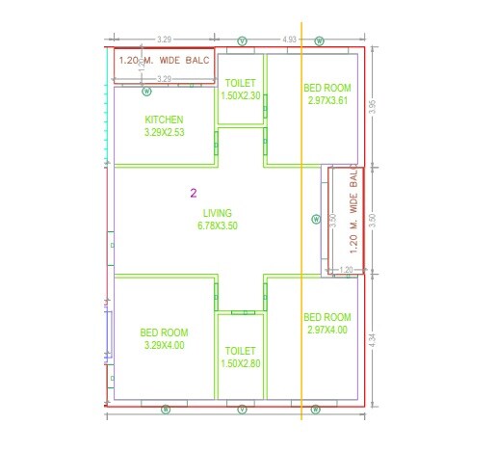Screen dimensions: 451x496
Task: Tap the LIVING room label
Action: tap(217, 213)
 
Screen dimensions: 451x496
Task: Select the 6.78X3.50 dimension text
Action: tap(217, 225)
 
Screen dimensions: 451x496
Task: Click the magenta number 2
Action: tap(194, 194)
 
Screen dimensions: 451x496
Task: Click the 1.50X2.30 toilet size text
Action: tap(241, 95)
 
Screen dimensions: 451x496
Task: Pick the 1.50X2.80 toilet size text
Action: tap(241, 362)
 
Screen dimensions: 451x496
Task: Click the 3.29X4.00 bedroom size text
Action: tap(163, 344)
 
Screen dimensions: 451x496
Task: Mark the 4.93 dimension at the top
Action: tap(289, 40)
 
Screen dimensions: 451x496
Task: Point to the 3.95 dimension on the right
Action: tap(373, 106)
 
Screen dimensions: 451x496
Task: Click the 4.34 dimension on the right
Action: tap(373, 342)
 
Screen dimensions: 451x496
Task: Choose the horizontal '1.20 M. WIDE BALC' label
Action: tap(164, 61)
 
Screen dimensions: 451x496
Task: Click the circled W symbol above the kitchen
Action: tap(147, 92)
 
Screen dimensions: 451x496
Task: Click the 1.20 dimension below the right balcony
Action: tap(347, 270)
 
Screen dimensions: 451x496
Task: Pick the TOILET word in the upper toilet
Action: tap(241, 84)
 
